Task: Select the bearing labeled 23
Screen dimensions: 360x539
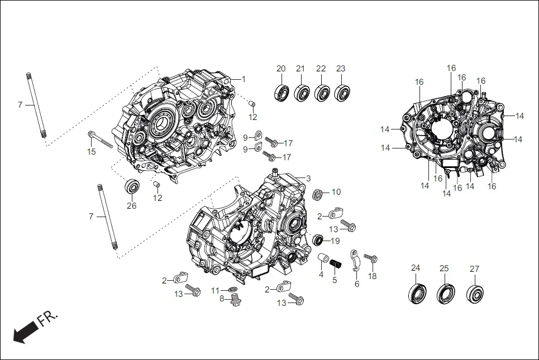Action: [341, 93]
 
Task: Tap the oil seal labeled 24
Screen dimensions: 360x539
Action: [416, 292]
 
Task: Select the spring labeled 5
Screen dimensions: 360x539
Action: [335, 263]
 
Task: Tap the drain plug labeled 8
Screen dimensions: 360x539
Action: [235, 301]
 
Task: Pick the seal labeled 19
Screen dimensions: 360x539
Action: [318, 240]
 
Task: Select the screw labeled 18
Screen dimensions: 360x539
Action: [371, 258]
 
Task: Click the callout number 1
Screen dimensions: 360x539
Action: [244, 79]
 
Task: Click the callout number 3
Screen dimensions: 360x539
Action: [308, 178]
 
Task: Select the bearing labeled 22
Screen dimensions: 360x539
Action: [321, 92]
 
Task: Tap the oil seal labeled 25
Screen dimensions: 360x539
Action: [445, 292]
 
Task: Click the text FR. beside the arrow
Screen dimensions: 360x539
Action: [47, 319]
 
